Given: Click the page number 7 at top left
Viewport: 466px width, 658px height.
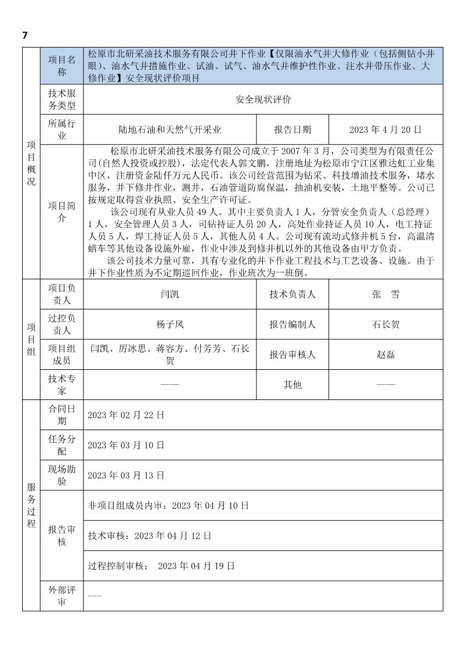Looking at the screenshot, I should [x=25, y=35].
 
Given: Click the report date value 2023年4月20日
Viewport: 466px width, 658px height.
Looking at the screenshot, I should [x=385, y=129].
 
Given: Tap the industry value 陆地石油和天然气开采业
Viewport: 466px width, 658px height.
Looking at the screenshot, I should [x=170, y=129].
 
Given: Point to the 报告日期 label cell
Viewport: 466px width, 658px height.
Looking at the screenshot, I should [x=292, y=129].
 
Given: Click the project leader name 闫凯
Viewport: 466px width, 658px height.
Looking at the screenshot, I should [x=170, y=294].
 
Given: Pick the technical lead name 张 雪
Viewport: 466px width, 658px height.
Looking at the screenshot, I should [x=385, y=294].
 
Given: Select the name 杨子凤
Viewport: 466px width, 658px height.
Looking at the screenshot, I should [x=170, y=324].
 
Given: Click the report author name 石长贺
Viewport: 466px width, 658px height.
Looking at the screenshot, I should [x=385, y=324].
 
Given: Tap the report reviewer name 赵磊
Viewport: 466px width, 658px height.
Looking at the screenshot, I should [x=385, y=354].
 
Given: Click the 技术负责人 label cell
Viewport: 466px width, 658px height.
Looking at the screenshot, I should [x=292, y=294].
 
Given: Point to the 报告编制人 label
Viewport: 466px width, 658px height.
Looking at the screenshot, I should [x=292, y=324].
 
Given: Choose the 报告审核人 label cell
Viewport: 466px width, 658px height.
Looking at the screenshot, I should [x=292, y=354].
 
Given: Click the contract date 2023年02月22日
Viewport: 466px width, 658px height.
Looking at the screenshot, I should [x=126, y=415].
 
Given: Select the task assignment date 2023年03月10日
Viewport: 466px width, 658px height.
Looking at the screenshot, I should [x=126, y=445].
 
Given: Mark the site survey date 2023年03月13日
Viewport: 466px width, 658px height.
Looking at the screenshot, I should [x=126, y=475].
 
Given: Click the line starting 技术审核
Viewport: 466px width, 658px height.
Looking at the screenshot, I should [x=149, y=535].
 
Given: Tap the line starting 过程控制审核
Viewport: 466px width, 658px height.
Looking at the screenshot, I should [x=161, y=565].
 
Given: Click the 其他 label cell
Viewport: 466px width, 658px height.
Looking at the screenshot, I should [x=292, y=384].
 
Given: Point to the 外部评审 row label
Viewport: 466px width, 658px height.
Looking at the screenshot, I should [x=62, y=596].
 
